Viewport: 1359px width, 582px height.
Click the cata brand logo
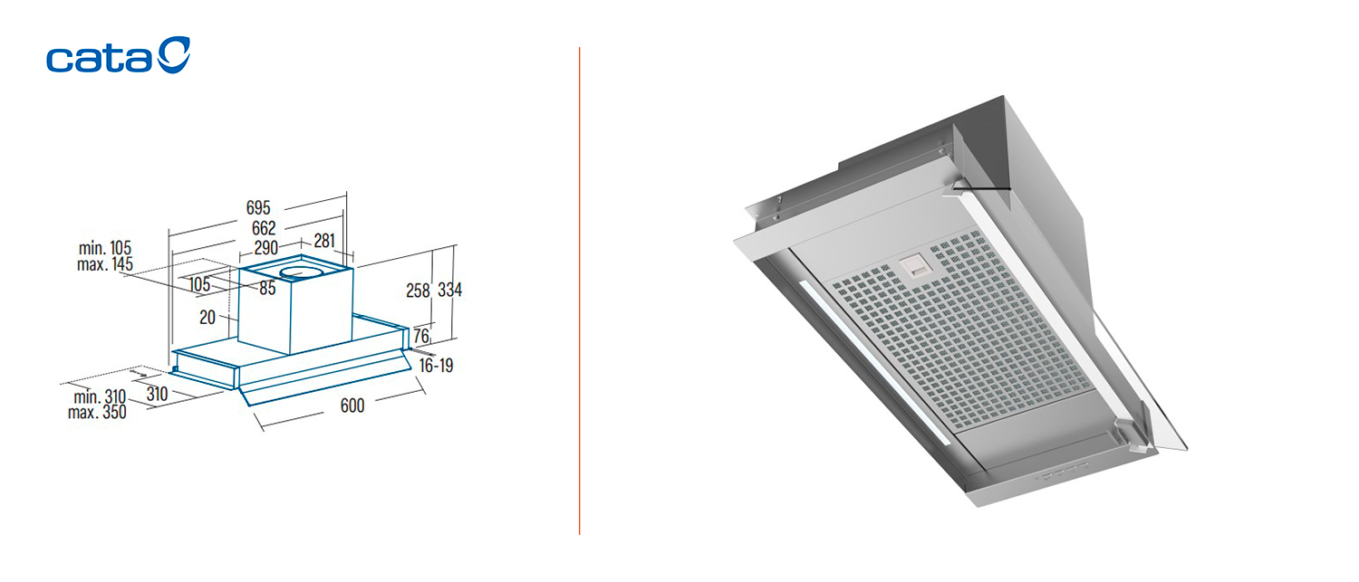coord(119,55)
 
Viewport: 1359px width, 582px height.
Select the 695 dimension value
coord(258,208)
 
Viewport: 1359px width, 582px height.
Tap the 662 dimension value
coord(264,228)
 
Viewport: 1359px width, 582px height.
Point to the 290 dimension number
coord(265,247)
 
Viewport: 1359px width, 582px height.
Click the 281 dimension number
coord(324,241)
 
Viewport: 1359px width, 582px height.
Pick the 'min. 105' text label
coord(105,248)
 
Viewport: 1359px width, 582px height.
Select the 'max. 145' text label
coord(105,264)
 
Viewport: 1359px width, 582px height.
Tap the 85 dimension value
coord(267,288)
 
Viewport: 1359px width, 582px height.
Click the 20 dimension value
coord(207,317)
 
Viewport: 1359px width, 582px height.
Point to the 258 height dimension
coord(418,291)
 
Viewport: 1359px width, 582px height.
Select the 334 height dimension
coord(450,290)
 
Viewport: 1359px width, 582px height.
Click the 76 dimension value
coord(421,335)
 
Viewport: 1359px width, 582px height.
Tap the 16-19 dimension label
coord(436,366)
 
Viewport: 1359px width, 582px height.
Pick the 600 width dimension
coord(352,405)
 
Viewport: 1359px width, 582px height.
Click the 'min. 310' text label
coord(100,397)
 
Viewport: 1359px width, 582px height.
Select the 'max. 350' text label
coord(97,413)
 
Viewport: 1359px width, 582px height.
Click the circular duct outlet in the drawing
coord(301,273)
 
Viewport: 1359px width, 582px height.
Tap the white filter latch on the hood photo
coord(913,266)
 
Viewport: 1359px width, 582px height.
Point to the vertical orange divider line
coord(580,291)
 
